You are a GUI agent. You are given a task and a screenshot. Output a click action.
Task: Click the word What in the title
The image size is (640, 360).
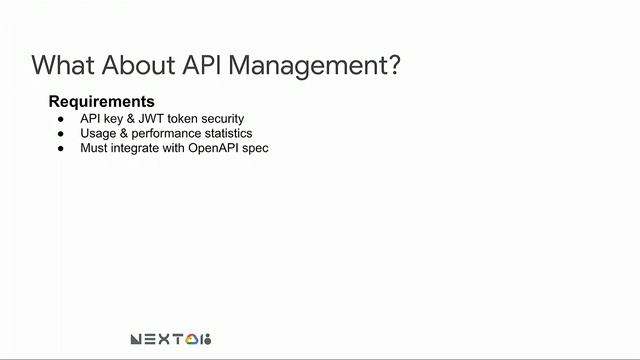tap(62, 66)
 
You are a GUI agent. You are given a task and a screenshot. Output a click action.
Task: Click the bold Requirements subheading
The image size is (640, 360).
tap(101, 102)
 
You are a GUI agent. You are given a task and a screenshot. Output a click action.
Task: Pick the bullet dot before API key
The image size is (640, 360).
tap(59, 119)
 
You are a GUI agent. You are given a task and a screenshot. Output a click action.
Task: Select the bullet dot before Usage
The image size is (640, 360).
tap(59, 134)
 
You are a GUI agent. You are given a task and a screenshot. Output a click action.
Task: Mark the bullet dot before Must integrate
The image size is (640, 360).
tap(59, 149)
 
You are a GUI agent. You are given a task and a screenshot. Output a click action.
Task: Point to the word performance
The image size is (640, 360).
tap(163, 134)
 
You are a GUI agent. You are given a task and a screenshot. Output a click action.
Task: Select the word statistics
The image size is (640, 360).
tap(226, 134)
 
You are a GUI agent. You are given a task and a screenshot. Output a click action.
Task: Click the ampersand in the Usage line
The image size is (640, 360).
tap(123, 134)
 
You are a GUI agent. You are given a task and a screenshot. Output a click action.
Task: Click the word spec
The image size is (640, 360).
tap(257, 149)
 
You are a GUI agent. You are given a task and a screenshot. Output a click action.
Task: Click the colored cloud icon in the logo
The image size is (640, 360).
tap(191, 340)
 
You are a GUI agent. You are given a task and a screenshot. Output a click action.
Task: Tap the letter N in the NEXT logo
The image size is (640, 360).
tap(137, 340)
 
